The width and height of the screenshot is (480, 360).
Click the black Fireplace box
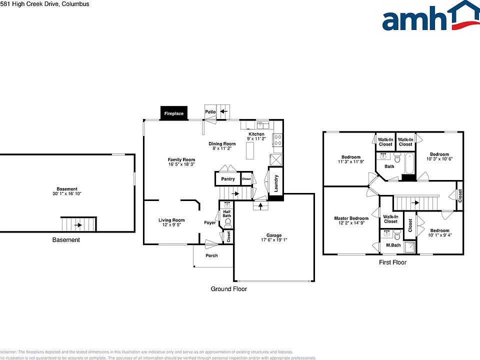tap(173, 113)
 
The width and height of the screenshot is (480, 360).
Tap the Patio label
tap(210, 111)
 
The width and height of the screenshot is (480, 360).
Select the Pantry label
tap(228, 179)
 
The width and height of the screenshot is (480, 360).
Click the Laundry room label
tap(276, 183)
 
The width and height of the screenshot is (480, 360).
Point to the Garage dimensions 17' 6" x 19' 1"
tap(273, 240)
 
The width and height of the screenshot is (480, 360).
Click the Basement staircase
tap(78, 224)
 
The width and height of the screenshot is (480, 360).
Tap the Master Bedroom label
tap(351, 218)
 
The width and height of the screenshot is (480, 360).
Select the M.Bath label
tap(393, 245)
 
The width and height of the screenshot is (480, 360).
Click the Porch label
tap(211, 256)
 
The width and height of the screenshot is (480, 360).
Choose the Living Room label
tap(171, 220)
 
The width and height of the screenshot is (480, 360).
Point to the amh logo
tap(430, 17)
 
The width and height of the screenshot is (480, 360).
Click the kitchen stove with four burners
tap(277, 140)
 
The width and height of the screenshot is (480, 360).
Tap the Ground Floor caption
tap(228, 289)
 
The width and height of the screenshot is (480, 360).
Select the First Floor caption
tap(392, 262)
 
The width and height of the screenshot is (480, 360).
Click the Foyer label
tap(210, 222)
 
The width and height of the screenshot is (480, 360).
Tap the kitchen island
tap(250, 150)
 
